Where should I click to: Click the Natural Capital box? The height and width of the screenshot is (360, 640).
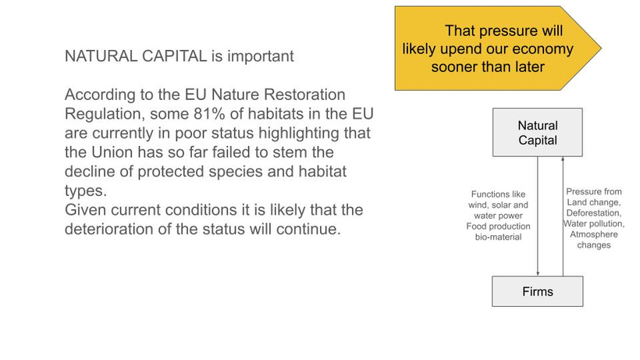point(538,132)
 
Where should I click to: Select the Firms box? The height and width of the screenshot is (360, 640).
point(538,291)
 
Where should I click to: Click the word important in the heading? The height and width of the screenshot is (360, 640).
point(261,56)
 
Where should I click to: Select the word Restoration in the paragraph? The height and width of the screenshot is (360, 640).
point(304,94)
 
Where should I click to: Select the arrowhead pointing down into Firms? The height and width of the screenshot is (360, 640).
point(538,273)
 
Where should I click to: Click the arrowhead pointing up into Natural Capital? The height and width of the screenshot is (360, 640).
point(563,159)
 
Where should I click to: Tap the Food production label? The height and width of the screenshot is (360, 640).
point(499,226)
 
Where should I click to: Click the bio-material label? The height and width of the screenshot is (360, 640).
point(499,237)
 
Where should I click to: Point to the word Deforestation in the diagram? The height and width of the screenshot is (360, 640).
point(593,213)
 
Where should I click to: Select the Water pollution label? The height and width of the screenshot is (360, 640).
point(594,223)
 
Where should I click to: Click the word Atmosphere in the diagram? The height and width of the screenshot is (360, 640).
point(594,234)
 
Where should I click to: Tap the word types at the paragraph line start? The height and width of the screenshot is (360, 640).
point(86,191)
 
